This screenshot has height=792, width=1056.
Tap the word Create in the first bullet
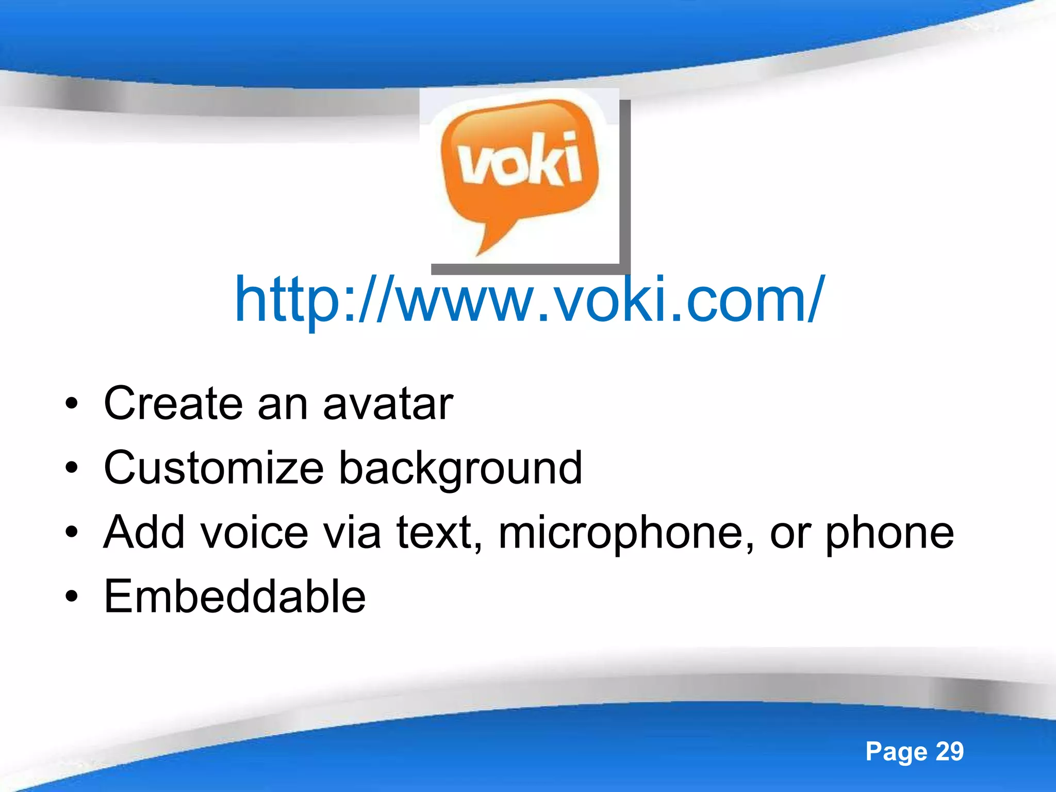pyautogui.click(x=173, y=403)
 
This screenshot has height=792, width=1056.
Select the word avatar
pyautogui.click(x=388, y=404)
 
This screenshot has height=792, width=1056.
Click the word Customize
pyautogui.click(x=213, y=468)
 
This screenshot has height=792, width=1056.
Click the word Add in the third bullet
pyautogui.click(x=144, y=532)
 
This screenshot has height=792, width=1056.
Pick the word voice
pyautogui.click(x=254, y=532)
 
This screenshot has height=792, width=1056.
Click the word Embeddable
pyautogui.click(x=235, y=597)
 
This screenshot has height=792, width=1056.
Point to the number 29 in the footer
pyautogui.click(x=949, y=751)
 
